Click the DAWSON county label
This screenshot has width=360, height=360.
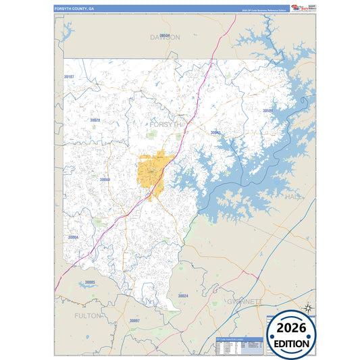point(165,37)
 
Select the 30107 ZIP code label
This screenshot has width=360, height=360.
point(69,78)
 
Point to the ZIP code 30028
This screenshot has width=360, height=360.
point(95,120)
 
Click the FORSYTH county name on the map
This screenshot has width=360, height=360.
point(165,125)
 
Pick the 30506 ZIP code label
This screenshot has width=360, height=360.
point(267,111)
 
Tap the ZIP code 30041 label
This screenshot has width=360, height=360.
point(215,132)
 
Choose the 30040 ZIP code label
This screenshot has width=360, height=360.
point(105,180)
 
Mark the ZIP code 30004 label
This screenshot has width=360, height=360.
point(73,237)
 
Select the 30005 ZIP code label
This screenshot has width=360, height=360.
point(90,282)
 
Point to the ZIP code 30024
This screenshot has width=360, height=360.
point(183,296)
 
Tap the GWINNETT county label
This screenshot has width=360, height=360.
point(244,301)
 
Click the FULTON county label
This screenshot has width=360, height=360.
point(88,315)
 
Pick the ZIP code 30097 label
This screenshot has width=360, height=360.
point(134,320)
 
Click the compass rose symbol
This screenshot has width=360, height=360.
point(308,308)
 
